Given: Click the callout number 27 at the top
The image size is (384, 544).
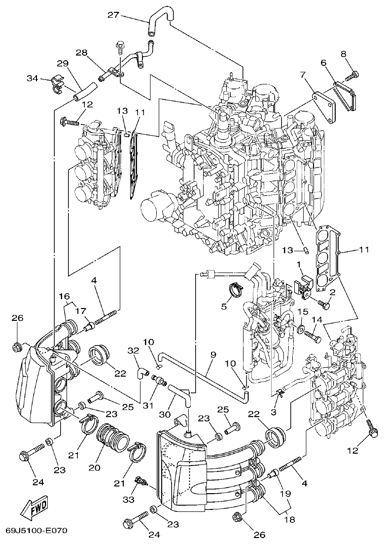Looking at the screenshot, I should (113, 15).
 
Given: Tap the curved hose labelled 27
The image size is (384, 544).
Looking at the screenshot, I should (159, 23).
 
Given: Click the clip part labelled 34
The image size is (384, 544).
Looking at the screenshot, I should (59, 84).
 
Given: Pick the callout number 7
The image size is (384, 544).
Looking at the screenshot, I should (304, 75).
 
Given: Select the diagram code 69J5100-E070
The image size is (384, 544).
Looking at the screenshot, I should (36, 531).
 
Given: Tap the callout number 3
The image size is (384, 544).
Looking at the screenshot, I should (274, 411).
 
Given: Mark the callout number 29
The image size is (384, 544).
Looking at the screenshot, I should (62, 63).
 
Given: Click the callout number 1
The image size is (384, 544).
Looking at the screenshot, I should (299, 265).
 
